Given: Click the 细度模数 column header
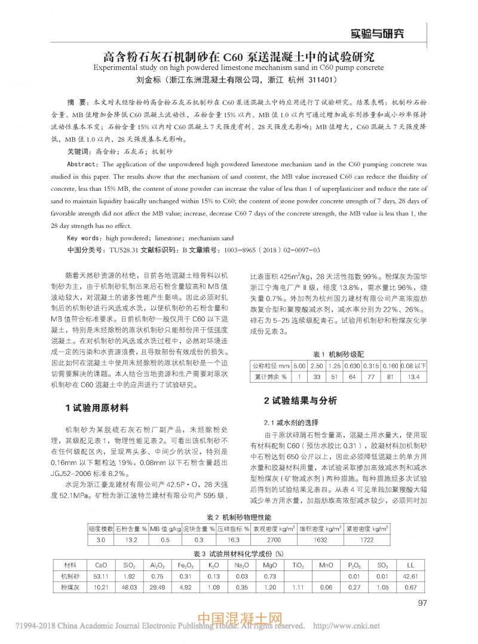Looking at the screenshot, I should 100,529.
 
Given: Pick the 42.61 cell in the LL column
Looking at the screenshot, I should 410,576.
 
